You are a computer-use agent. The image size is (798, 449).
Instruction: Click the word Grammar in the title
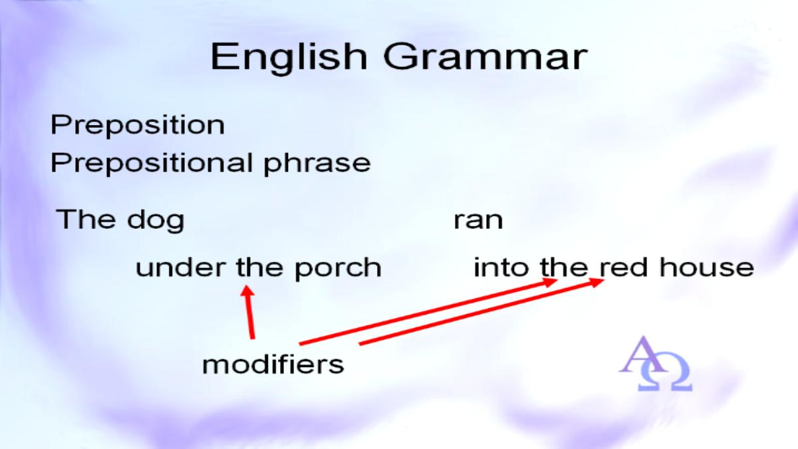[x=485, y=57]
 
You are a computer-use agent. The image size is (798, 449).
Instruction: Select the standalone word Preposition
[x=138, y=126]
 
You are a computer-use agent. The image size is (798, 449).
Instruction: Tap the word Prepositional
[x=152, y=163]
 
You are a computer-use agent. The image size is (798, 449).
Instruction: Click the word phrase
[x=317, y=164]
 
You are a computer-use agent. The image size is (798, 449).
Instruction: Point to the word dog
[x=156, y=221]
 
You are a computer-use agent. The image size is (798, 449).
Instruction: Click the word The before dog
[x=86, y=219]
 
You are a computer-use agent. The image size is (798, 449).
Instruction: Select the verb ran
[x=478, y=221]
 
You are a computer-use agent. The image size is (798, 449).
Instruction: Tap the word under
[x=181, y=267]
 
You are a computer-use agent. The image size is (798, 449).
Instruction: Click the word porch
[x=338, y=268]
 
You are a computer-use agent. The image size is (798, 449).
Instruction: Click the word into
[x=501, y=267]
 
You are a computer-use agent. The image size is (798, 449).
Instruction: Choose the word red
[x=624, y=267]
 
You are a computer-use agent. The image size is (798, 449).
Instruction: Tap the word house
[x=707, y=267]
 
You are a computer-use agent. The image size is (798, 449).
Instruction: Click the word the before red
[x=564, y=267]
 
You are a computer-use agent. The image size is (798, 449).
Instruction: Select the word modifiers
[x=273, y=365]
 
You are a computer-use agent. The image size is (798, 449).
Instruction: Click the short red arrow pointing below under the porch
[x=249, y=312]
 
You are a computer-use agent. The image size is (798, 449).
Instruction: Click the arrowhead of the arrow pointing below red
[x=596, y=282]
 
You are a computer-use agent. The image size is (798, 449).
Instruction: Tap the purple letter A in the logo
[x=642, y=355]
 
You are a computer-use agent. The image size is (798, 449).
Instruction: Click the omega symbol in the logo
[x=665, y=372]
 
